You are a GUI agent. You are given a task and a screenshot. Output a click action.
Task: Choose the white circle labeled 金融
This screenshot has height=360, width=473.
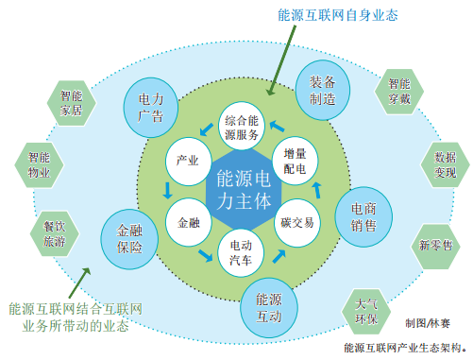pyautogui.click(x=188, y=223)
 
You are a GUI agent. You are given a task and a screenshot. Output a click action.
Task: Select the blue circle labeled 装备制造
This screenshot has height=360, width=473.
pyautogui.click(x=323, y=87)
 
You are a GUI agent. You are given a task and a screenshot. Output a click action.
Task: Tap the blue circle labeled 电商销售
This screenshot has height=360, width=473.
pyautogui.click(x=363, y=215)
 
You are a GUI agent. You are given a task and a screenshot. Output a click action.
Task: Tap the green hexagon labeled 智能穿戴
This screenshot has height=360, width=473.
pyautogui.click(x=398, y=88)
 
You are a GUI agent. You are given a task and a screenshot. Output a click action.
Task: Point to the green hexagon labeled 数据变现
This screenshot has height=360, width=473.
pyautogui.click(x=445, y=163)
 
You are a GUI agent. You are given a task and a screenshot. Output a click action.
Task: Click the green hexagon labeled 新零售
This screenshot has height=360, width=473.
pyautogui.click(x=431, y=245)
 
